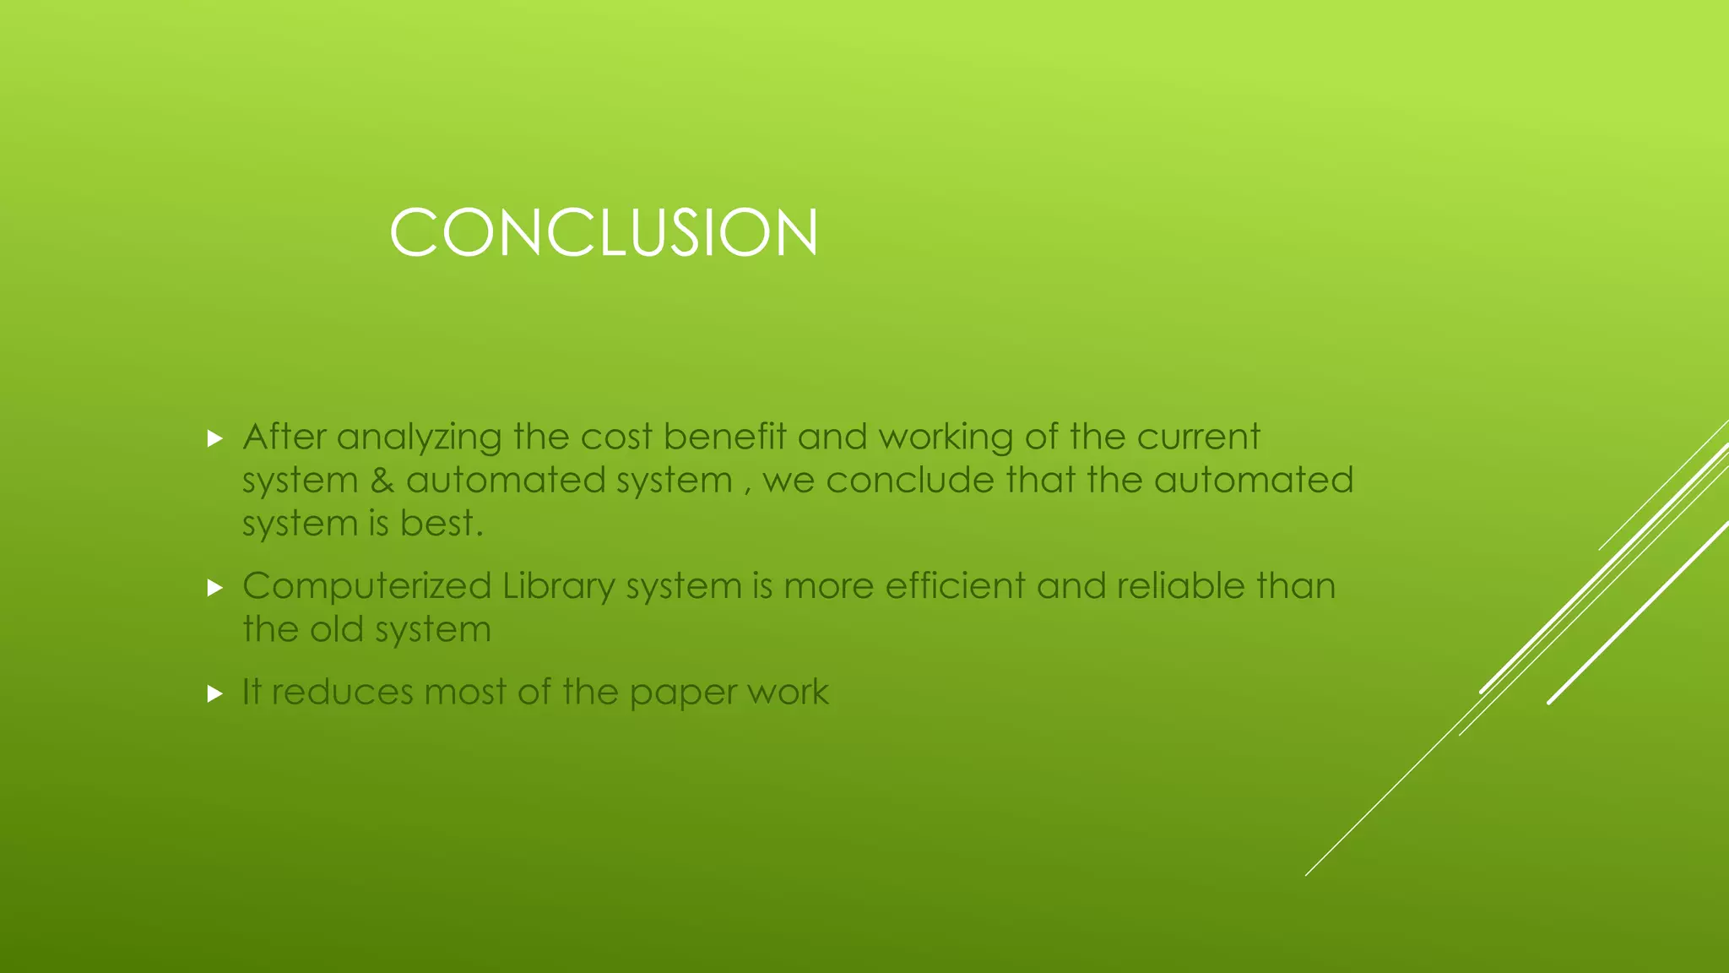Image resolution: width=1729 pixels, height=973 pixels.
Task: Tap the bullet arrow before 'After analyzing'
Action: [214, 438]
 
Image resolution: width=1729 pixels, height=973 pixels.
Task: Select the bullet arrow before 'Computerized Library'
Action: [214, 587]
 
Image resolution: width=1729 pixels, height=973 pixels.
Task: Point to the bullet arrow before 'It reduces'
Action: [214, 693]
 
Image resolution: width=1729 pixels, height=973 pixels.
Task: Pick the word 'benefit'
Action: [724, 437]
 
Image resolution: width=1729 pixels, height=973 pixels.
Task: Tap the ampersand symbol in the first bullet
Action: [382, 481]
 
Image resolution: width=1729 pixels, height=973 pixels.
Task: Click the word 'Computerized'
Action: [366, 586]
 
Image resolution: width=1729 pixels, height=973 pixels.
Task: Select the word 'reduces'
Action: [342, 692]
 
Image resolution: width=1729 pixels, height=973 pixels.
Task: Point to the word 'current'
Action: [1198, 437]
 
